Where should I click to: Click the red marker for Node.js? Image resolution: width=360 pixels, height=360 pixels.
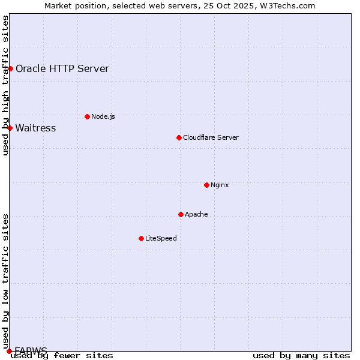click(87, 116)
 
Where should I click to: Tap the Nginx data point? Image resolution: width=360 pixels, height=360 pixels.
click(206, 185)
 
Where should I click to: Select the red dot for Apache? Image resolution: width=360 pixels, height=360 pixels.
click(181, 214)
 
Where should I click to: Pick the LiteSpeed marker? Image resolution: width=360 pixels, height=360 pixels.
click(141, 238)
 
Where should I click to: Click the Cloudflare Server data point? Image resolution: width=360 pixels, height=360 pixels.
click(179, 137)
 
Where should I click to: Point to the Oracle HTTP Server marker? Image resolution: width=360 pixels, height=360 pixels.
click(10, 68)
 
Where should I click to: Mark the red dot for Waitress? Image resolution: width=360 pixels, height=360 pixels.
click(10, 128)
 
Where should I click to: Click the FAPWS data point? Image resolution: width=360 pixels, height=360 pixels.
click(9, 350)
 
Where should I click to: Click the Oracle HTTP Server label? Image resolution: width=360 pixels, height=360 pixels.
click(62, 68)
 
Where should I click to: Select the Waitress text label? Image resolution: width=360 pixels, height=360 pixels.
click(35, 128)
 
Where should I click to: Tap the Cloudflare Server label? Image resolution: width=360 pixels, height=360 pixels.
click(211, 137)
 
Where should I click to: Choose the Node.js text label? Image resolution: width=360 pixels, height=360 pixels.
click(103, 116)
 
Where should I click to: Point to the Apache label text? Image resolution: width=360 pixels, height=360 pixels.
click(196, 214)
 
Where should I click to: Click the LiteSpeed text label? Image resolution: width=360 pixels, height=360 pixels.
click(161, 238)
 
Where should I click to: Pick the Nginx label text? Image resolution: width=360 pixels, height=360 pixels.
click(220, 185)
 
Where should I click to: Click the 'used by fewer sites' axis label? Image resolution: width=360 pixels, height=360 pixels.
click(62, 355)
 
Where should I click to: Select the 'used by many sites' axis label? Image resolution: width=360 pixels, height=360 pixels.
click(301, 355)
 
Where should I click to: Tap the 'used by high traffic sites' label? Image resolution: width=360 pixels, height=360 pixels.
click(5, 85)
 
